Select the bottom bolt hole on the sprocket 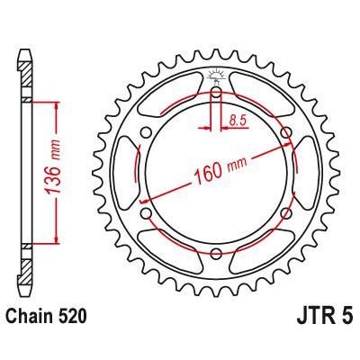[x=216, y=254]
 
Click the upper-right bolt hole [x=287, y=133]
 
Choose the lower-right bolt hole [x=287, y=213]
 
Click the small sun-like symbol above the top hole [x=216, y=74]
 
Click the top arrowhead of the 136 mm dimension [x=58, y=105]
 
